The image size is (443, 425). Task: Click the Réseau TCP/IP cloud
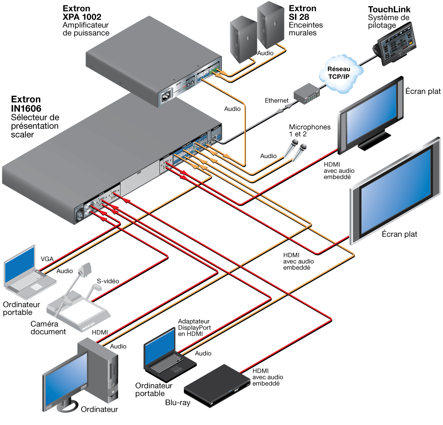click(340, 73)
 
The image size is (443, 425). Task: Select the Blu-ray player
click(217, 386)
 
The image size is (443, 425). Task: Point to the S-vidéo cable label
click(108, 281)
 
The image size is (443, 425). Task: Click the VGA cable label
click(47, 259)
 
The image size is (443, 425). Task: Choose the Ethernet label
click(276, 100)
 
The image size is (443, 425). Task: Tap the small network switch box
click(307, 93)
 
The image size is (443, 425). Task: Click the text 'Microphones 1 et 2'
click(310, 131)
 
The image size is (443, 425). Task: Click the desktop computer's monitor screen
click(65, 375)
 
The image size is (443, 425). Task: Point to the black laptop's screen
click(160, 349)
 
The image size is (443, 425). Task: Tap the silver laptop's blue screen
click(19, 266)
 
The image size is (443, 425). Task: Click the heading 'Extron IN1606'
click(26, 104)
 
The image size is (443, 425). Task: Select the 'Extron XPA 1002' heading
click(82, 13)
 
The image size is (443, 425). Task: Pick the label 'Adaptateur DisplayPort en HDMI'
click(194, 328)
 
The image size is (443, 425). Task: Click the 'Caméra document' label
click(48, 328)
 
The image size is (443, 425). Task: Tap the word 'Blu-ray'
click(178, 403)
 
